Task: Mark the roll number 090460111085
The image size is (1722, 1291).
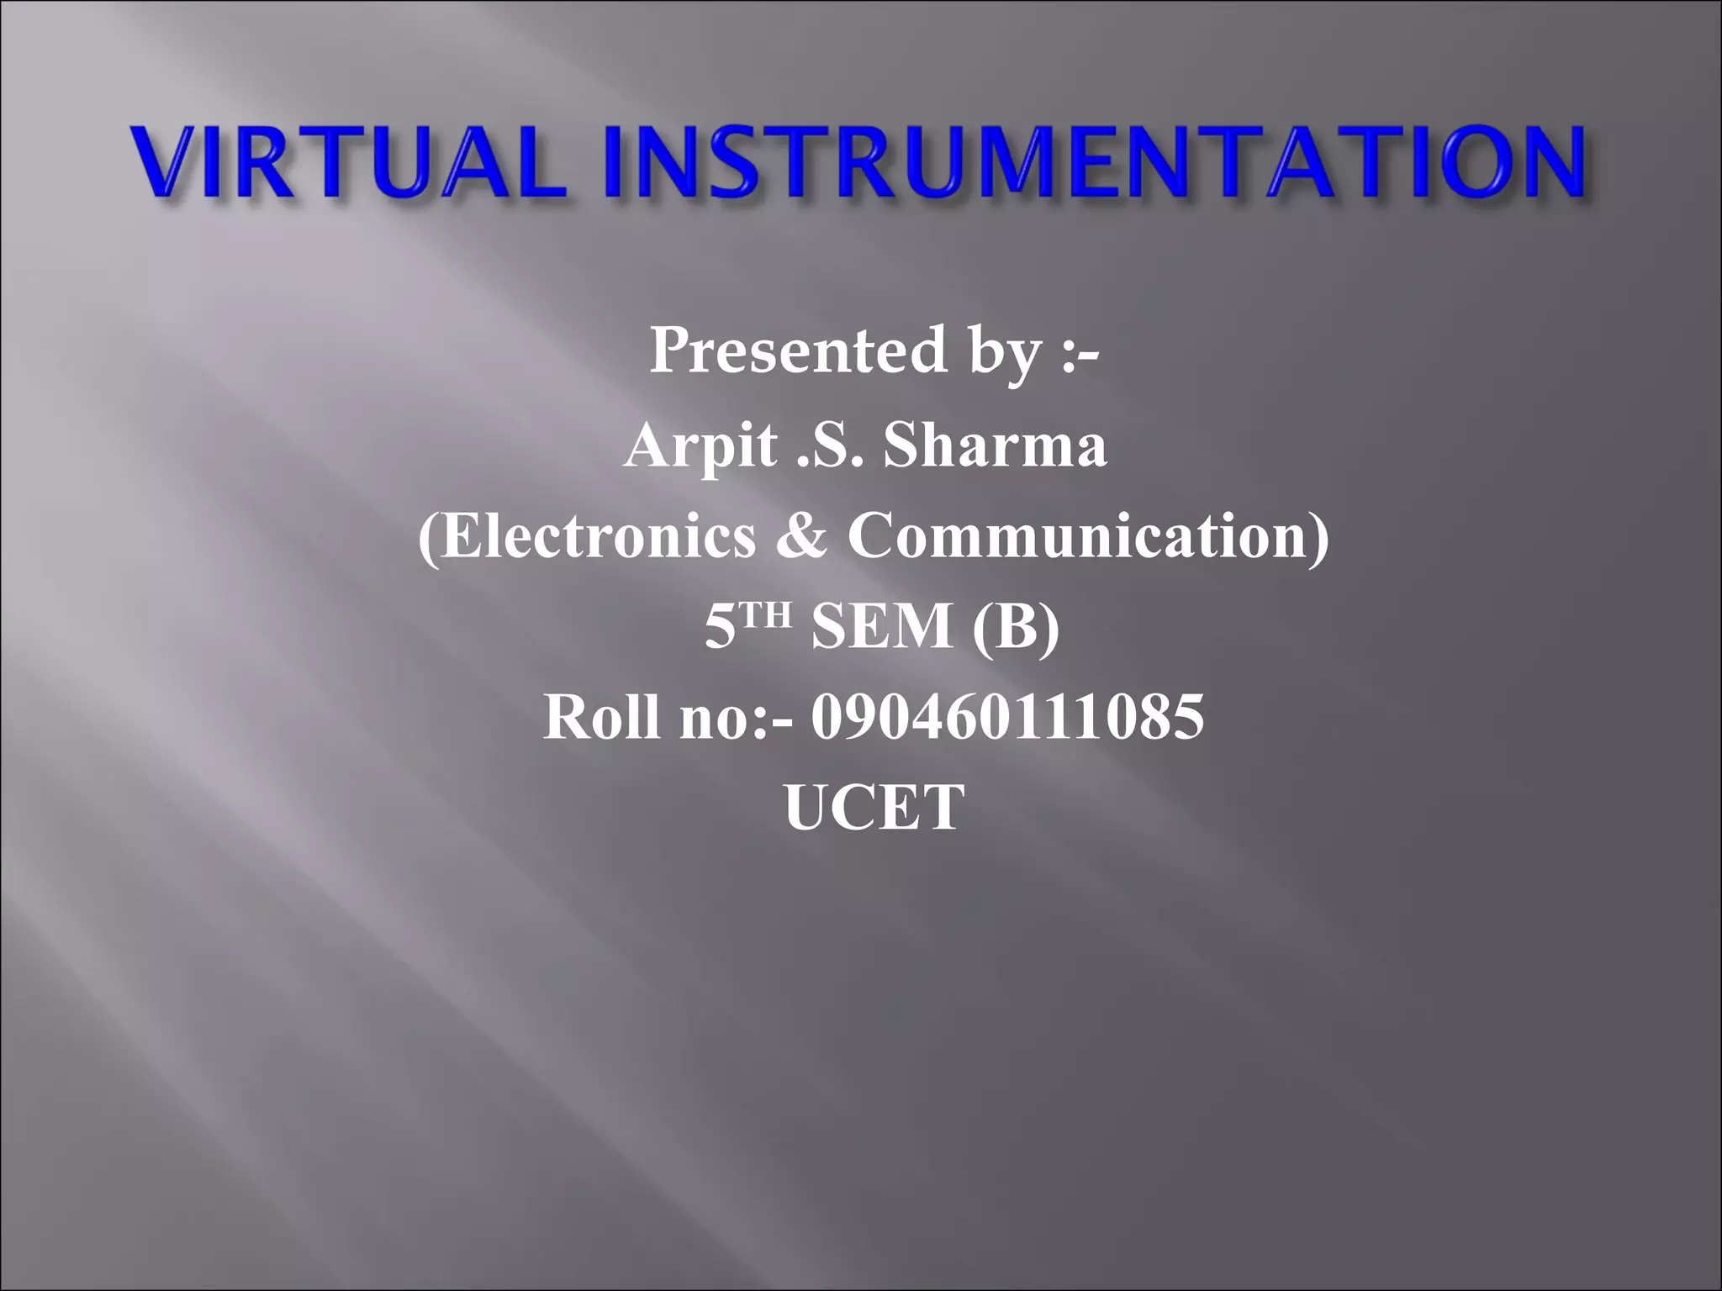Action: tap(1007, 718)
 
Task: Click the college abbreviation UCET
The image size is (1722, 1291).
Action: tap(874, 808)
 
